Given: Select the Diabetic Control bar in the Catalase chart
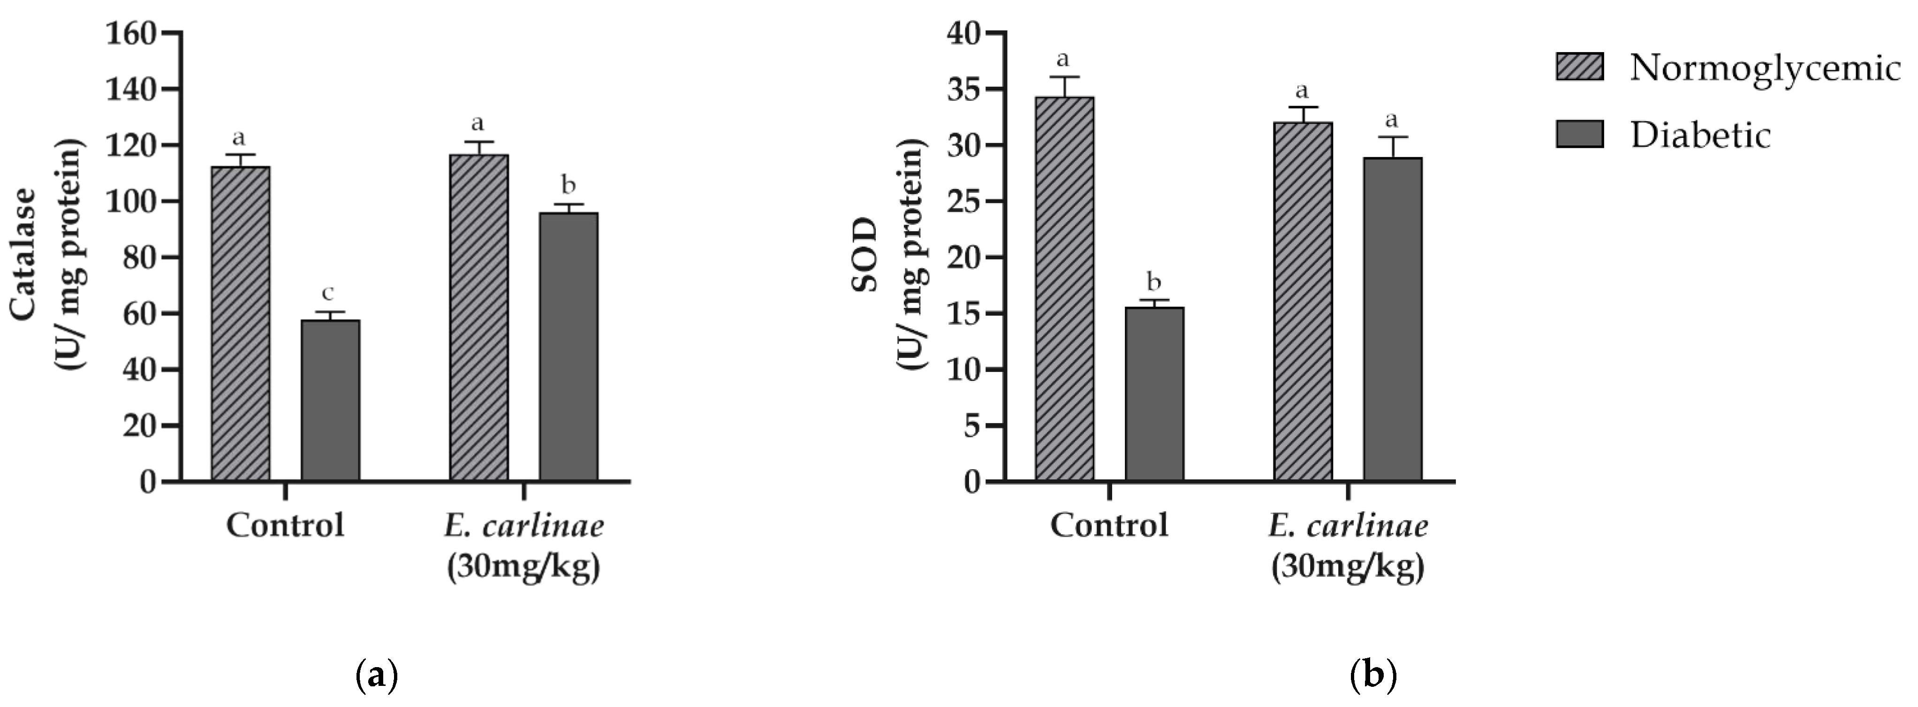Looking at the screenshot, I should (331, 400).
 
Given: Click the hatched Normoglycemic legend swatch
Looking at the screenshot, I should (1580, 66).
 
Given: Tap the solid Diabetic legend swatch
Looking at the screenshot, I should (1580, 134).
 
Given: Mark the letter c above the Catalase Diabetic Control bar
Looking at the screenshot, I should (328, 293).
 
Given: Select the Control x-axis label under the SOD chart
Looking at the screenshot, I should (1109, 525).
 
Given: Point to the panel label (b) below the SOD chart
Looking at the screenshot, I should (1374, 676).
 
